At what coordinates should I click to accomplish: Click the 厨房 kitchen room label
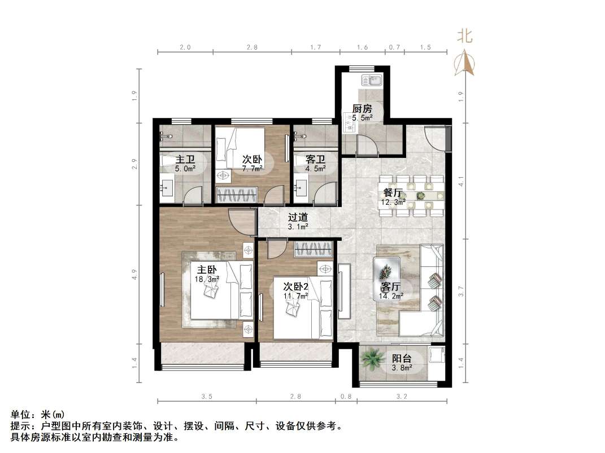pyautogui.click(x=362, y=108)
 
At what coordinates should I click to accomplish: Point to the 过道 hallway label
pyautogui.click(x=298, y=217)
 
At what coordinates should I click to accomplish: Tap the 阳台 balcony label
pyautogui.click(x=402, y=358)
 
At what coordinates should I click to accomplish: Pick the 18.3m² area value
pyautogui.click(x=207, y=279)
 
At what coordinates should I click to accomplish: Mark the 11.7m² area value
pyautogui.click(x=295, y=296)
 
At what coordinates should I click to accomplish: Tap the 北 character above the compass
pyautogui.click(x=465, y=37)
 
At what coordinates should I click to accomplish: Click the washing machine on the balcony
pyautogui.click(x=436, y=356)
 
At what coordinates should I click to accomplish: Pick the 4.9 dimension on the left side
pyautogui.click(x=134, y=275)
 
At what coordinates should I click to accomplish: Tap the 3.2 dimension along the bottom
pyautogui.click(x=402, y=397)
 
